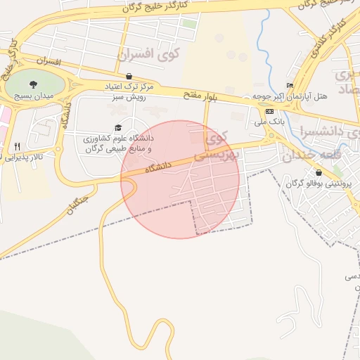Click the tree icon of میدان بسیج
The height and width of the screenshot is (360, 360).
(x=32, y=84)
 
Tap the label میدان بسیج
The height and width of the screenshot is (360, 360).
(x=32, y=95)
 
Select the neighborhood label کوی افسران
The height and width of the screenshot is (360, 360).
(x=149, y=53)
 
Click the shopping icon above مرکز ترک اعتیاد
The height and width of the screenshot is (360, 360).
(x=129, y=76)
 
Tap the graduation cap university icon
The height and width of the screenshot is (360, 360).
(x=117, y=127)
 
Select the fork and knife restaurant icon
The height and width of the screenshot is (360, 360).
(x=17, y=146)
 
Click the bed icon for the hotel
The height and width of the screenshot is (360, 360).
(x=290, y=84)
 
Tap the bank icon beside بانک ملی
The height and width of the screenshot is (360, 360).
(x=269, y=112)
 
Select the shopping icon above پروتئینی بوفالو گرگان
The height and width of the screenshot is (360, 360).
(x=319, y=172)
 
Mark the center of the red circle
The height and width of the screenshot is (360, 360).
(x=180, y=179)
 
